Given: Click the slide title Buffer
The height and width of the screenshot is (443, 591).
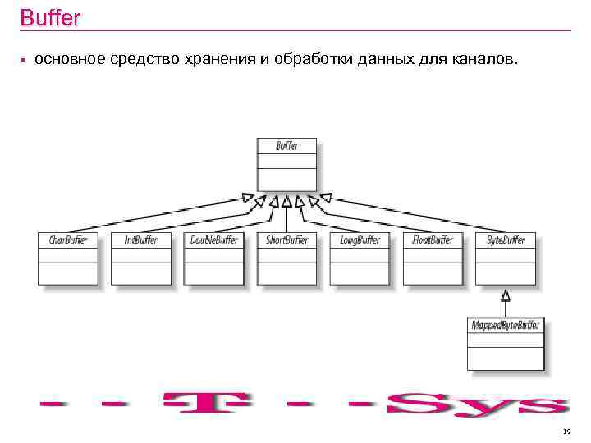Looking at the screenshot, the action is click(x=49, y=17).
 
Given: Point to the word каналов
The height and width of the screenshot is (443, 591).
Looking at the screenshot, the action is click(x=483, y=60).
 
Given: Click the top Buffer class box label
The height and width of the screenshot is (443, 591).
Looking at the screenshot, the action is click(x=286, y=146).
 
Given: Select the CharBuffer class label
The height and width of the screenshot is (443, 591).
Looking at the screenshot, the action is click(x=68, y=240).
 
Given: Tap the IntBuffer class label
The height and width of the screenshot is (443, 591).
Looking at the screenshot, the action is click(x=141, y=240).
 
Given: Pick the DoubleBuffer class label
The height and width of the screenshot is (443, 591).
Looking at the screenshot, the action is click(x=214, y=240).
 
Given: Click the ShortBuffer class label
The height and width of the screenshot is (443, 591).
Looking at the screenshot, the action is click(x=286, y=240).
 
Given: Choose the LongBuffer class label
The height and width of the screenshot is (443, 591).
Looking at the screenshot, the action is click(x=360, y=240).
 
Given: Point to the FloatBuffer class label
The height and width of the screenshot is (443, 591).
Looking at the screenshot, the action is click(x=433, y=240).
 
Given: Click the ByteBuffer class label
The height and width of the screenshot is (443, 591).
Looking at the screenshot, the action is click(x=506, y=240).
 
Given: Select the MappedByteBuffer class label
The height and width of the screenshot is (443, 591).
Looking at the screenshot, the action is click(x=506, y=326).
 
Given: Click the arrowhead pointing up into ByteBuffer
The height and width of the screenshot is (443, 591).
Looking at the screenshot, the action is click(x=506, y=294).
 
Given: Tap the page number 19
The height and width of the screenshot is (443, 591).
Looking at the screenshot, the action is click(x=566, y=431).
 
